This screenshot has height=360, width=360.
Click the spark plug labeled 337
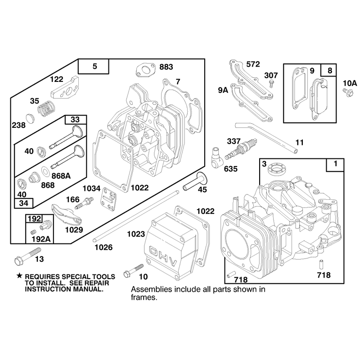pos(241,149)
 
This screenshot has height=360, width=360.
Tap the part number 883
pos(166,67)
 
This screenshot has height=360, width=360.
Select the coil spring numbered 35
pos(46,109)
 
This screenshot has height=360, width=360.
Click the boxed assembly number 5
pos(94,66)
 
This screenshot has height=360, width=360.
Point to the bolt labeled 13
pos(27,256)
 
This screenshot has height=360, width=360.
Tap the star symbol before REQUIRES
pos(19,276)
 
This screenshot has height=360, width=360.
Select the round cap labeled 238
pos(30,118)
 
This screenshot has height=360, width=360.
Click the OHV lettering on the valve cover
pos(163,256)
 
